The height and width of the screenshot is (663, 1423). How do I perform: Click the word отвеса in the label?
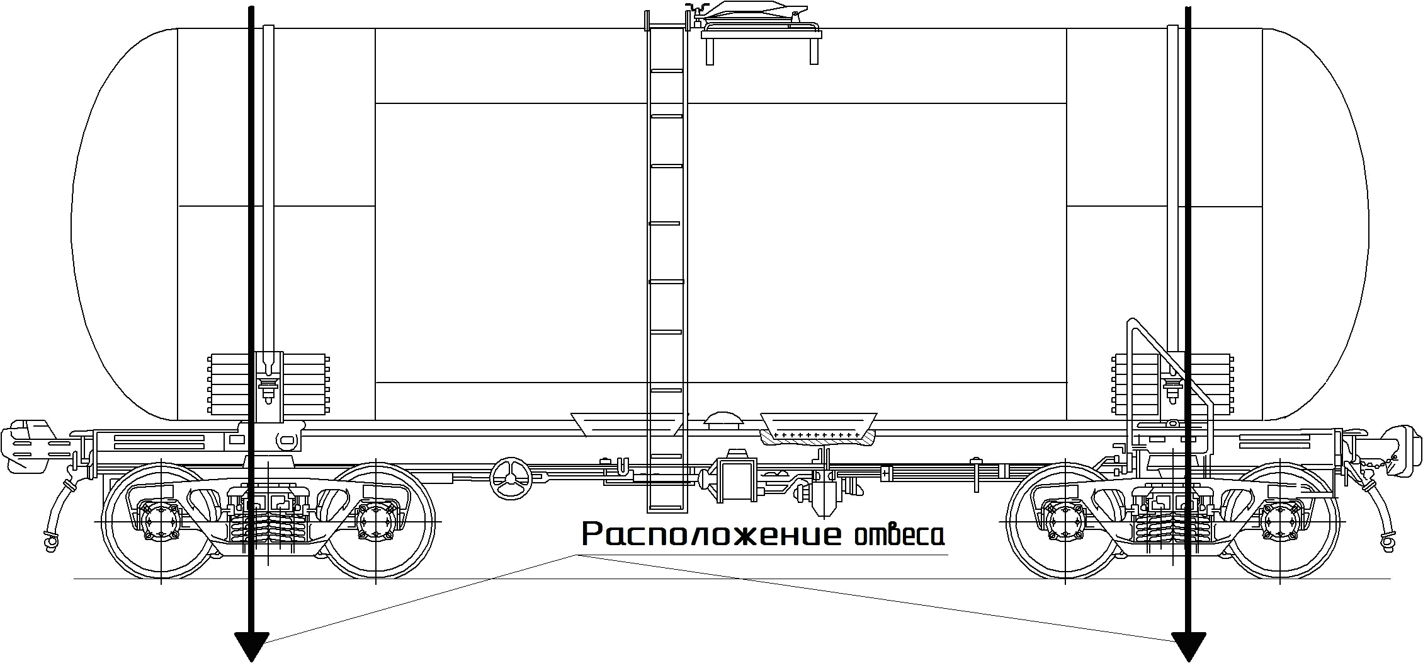pos(899,536)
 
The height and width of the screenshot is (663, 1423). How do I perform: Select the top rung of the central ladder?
pos(667,71)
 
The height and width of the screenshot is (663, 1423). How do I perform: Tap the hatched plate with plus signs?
pos(817,435)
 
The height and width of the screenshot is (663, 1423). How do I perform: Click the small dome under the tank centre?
pos(723,419)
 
